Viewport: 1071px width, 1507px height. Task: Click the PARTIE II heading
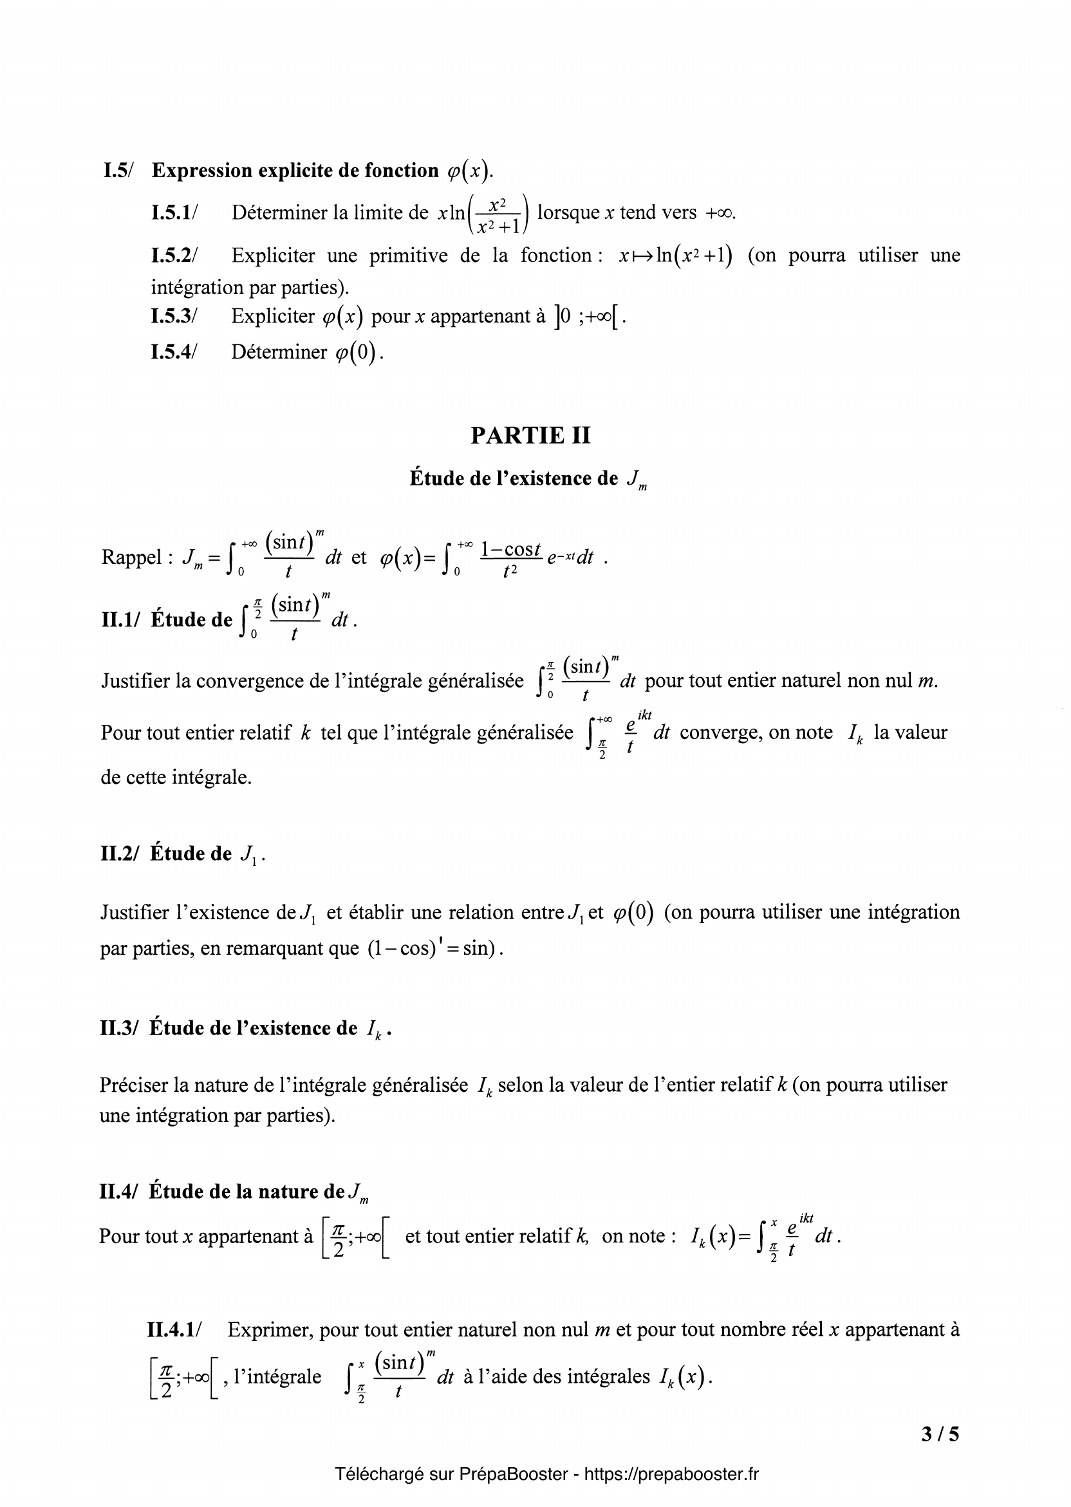pyautogui.click(x=530, y=435)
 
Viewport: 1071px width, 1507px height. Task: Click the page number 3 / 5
pyautogui.click(x=940, y=1433)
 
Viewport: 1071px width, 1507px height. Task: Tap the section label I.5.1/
pyautogui.click(x=174, y=212)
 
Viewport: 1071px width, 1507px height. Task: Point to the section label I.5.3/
pyautogui.click(x=174, y=317)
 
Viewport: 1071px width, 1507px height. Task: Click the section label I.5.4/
pyautogui.click(x=174, y=352)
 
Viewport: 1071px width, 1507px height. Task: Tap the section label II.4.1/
pyautogui.click(x=175, y=1329)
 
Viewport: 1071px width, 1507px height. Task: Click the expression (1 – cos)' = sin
pyautogui.click(x=431, y=948)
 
